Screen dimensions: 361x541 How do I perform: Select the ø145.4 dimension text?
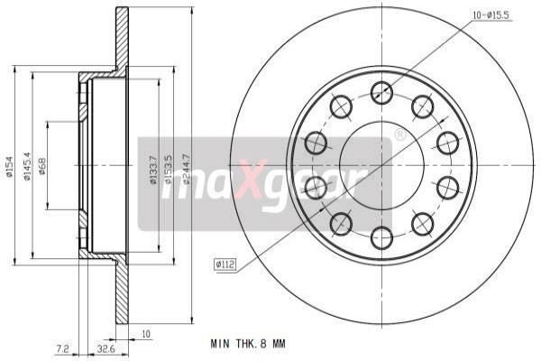coord(29,166)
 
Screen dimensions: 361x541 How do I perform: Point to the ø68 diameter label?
coord(42,164)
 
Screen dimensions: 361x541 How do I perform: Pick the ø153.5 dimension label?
coord(168,168)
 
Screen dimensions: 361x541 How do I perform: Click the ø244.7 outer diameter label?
coord(186,168)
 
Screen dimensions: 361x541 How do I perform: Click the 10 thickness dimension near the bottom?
coord(146,332)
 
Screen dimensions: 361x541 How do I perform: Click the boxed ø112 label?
coord(225,264)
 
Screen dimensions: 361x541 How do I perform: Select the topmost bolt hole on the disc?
coord(381,92)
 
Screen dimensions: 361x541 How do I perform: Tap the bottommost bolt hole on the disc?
coord(381,238)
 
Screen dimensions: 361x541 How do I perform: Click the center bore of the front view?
coord(381,165)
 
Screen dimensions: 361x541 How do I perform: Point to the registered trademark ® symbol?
coord(400,135)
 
